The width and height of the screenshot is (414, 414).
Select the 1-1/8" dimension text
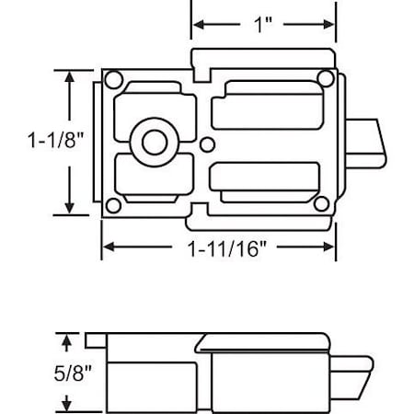coord(29,142)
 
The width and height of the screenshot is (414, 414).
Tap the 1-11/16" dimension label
coord(219,247)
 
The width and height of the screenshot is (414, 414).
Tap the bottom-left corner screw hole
coord(111,206)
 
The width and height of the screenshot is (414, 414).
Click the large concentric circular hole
coord(152,141)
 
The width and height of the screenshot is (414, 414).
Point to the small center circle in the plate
coord(209,143)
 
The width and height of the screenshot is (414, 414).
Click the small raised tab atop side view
coord(95,339)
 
